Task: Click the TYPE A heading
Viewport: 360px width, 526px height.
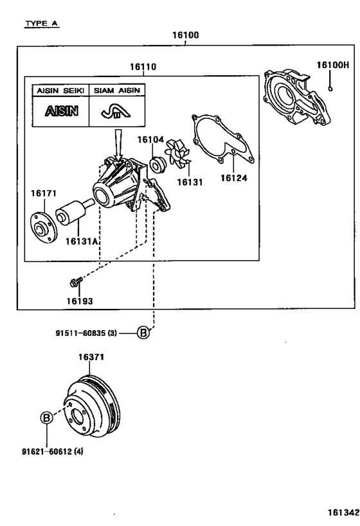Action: point(42,24)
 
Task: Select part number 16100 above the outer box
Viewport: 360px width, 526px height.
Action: point(185,35)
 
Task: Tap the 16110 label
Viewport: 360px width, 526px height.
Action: point(143,67)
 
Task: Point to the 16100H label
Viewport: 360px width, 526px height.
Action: point(333,65)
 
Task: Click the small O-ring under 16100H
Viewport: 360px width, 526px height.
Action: point(330,89)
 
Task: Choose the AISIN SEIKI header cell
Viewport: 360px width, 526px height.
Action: point(60,91)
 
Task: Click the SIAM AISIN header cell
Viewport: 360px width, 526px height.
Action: point(117,91)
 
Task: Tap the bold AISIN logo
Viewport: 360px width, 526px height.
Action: point(62,111)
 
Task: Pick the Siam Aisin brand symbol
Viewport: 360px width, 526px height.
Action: point(116,111)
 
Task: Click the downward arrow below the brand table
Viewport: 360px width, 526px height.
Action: point(118,145)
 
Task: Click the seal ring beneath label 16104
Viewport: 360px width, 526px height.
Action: point(157,165)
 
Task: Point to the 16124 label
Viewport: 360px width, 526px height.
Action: point(234,178)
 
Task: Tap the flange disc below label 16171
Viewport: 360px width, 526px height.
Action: point(44,227)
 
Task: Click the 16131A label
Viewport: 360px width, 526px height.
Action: point(82,241)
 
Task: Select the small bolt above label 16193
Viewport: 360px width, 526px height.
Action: point(76,282)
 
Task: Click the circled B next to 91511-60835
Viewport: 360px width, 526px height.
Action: point(143,333)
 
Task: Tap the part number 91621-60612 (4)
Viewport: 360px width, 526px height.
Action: point(52,451)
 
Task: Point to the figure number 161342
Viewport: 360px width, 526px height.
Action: point(343,513)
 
